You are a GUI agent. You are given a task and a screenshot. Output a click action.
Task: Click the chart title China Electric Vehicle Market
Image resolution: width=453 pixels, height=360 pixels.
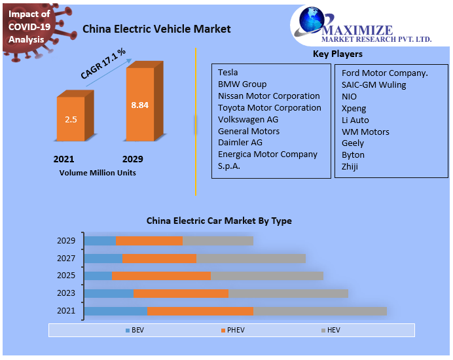pos(156,29)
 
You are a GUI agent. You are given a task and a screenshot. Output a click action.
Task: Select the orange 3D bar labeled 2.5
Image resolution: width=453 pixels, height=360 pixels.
pos(71,119)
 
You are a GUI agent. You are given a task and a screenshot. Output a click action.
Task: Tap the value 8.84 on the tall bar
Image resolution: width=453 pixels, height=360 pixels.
pos(139,105)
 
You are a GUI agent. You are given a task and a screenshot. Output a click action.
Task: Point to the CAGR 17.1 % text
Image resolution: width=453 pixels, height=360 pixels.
pos(103,64)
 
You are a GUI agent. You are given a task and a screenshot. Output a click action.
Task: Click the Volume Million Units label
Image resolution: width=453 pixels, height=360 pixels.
pos(98,173)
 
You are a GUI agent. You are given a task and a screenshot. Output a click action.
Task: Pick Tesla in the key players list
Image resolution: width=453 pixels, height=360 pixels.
pos(228,72)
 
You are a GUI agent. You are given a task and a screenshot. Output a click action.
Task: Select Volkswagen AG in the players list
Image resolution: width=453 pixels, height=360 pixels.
pos(248,119)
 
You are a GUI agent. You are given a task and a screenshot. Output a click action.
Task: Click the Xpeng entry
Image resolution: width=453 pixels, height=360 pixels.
pos(353,108)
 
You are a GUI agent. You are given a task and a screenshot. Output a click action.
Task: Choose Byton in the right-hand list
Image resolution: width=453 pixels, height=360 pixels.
pos(353,154)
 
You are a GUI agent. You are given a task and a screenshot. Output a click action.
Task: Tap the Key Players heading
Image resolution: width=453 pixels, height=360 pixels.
pos(337,54)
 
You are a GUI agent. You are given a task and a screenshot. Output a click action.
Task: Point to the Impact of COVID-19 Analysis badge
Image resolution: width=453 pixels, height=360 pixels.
pos(29,26)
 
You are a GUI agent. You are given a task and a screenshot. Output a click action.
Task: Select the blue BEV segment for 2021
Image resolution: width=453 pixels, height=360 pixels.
pos(116,311)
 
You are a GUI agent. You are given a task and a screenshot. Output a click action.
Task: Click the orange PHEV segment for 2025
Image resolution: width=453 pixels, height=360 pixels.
pos(161,276)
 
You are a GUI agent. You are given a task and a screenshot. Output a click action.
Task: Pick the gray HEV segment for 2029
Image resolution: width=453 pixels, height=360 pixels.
pos(217,241)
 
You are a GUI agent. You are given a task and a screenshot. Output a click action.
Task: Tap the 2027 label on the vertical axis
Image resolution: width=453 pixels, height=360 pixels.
pos(66,259)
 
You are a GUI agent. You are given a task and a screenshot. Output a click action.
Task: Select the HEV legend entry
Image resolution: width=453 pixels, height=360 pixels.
pos(332,330)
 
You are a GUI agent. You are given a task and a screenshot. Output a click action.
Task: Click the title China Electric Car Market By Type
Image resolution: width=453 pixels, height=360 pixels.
pos(219,221)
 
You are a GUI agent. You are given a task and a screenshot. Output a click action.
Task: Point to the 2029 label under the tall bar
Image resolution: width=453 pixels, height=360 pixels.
pos(132,159)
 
